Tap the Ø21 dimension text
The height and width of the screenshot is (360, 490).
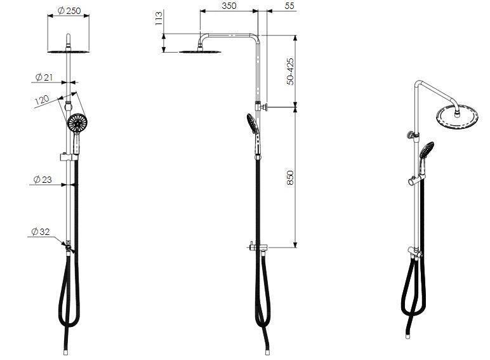click(x=44, y=77)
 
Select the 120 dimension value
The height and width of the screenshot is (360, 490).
click(x=42, y=100)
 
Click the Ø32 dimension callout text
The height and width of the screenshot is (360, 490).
click(x=39, y=232)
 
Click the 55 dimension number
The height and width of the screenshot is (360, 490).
click(x=290, y=6)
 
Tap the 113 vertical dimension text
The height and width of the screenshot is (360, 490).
click(x=159, y=19)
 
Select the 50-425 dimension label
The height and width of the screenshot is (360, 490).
click(x=290, y=71)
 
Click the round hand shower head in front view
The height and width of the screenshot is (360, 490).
click(x=77, y=123)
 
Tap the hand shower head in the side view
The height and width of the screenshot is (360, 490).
click(x=253, y=123)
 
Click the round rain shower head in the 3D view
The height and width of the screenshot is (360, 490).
click(x=457, y=117)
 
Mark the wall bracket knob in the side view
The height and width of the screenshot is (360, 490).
click(x=268, y=109)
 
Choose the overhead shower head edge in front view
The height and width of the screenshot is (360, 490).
click(x=68, y=51)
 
